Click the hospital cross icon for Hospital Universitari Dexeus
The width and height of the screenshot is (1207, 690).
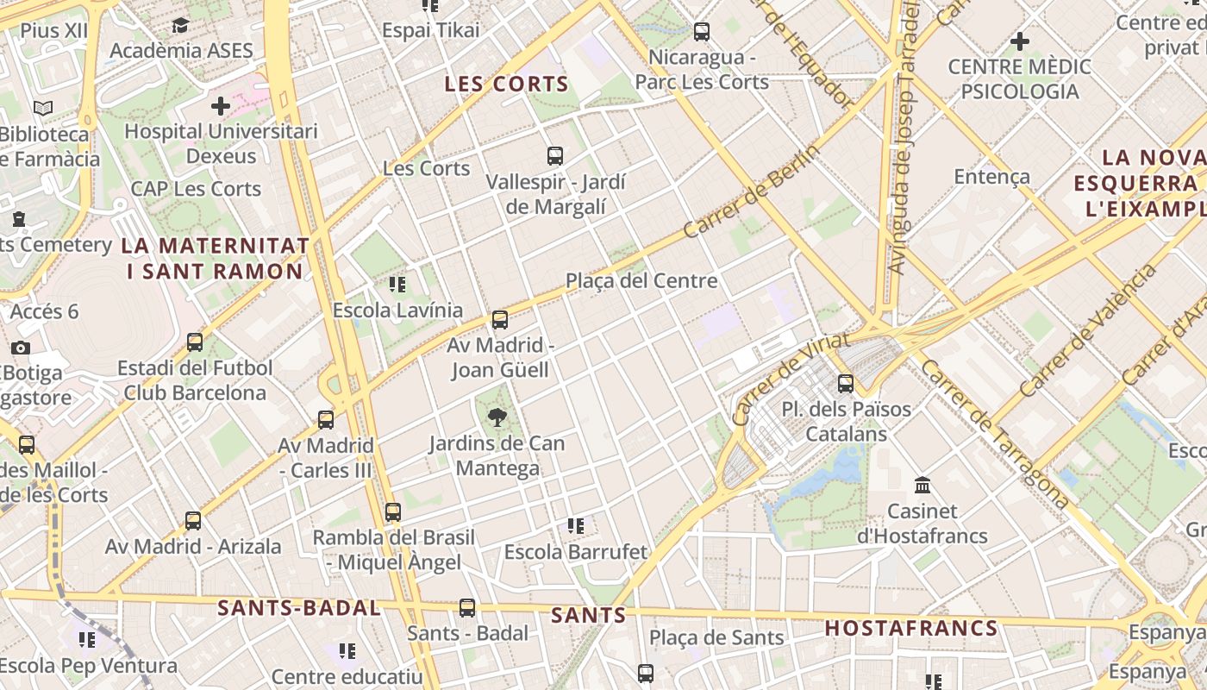(221, 106)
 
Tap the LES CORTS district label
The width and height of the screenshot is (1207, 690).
(506, 84)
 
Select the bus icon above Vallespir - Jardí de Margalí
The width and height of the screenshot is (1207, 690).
(555, 156)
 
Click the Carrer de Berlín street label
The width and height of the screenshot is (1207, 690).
(751, 191)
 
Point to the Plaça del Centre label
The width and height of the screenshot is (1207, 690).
(641, 280)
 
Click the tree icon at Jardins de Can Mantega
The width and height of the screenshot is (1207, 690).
(497, 418)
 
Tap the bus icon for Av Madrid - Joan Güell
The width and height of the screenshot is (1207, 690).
(499, 320)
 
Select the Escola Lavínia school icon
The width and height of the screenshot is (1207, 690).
(397, 284)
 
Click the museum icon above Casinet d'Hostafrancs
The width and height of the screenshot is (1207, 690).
(922, 485)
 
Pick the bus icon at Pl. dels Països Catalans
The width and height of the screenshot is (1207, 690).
(846, 383)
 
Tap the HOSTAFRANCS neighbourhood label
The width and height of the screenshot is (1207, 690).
(911, 628)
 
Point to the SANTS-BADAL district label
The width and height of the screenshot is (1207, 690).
(298, 608)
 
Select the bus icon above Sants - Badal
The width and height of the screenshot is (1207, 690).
(467, 607)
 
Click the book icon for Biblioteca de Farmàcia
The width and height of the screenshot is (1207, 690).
(43, 109)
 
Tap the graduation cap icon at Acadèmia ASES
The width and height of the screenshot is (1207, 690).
(180, 25)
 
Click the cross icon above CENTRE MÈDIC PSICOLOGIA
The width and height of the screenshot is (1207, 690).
(1019, 41)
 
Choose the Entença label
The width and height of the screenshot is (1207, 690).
(991, 177)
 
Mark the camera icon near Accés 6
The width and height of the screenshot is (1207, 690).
(21, 348)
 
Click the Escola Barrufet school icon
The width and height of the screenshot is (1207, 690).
(575, 525)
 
